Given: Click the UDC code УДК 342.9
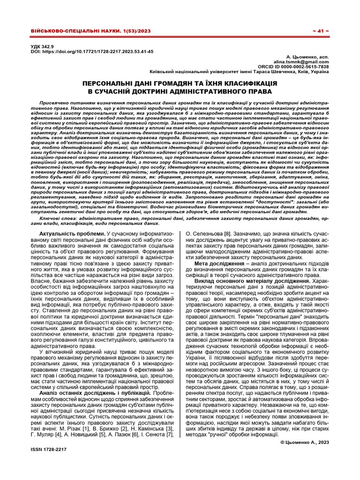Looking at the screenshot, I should (x=42, y=47).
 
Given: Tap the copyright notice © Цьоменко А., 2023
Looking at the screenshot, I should (x=304, y=442).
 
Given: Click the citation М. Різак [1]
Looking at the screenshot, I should (x=69, y=428).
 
